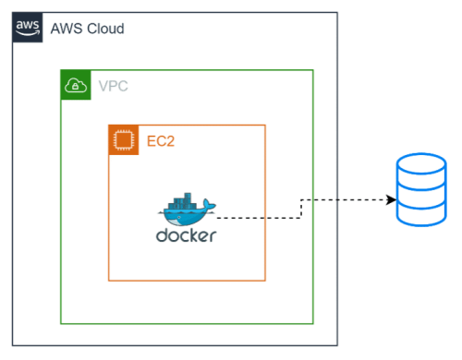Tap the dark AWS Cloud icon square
(29, 28)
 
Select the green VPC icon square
(75, 85)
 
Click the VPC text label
(114, 87)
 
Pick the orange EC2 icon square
(124, 139)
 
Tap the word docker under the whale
(186, 235)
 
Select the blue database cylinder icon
(420, 191)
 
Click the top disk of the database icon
(420, 167)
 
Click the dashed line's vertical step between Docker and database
(301, 209)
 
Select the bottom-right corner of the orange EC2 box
(266, 280)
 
